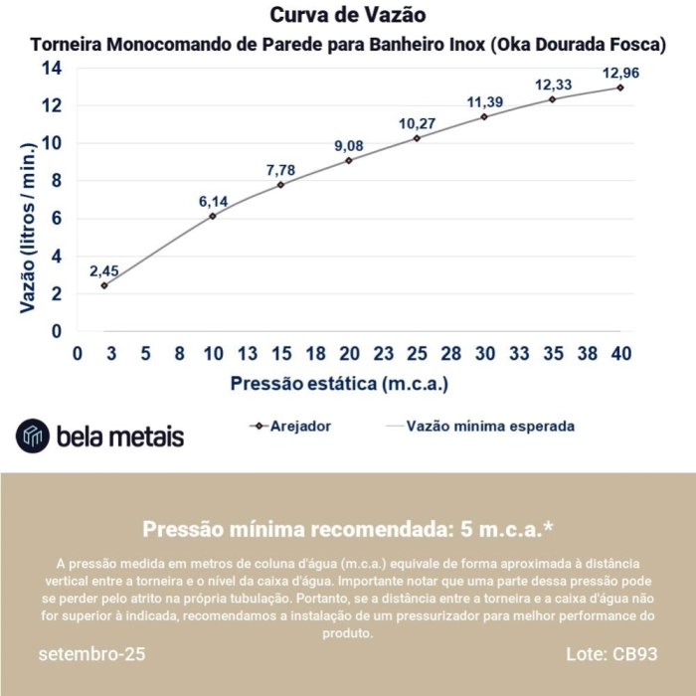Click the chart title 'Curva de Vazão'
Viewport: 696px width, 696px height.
pyautogui.click(x=348, y=17)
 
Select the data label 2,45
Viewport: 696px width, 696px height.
pyautogui.click(x=104, y=270)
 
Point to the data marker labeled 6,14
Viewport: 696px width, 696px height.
pyautogui.click(x=213, y=216)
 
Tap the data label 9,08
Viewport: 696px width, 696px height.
pyautogui.click(x=349, y=146)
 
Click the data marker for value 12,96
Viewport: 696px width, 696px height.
pyautogui.click(x=620, y=87)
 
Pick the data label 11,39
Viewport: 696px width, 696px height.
pyautogui.click(x=484, y=102)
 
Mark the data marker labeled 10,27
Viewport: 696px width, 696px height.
pyautogui.click(x=417, y=138)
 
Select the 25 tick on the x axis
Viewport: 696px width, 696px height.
pyautogui.click(x=417, y=353)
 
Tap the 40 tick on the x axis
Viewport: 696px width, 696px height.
pyautogui.click(x=620, y=353)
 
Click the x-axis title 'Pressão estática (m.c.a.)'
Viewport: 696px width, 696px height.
pyautogui.click(x=340, y=383)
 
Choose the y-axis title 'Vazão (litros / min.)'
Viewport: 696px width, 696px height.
pyautogui.click(x=29, y=228)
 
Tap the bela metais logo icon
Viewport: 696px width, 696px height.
pyautogui.click(x=33, y=435)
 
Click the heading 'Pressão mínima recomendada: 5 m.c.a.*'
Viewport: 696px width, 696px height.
pyautogui.click(x=348, y=528)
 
